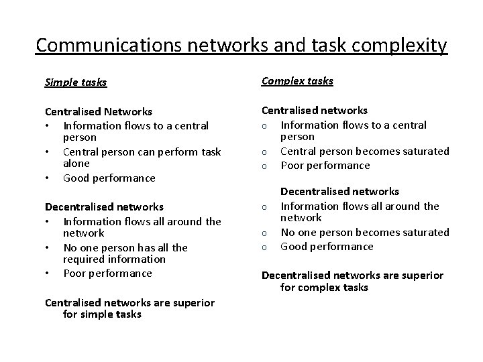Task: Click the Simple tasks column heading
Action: tap(76, 82)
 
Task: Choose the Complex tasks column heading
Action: tap(297, 81)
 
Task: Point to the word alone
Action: tap(76, 164)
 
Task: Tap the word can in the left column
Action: tap(140, 152)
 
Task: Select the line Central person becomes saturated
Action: tap(364, 152)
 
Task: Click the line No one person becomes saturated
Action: tap(364, 233)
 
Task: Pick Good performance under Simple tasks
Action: tap(109, 178)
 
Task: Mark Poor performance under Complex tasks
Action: tap(325, 166)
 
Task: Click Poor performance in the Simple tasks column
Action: tap(107, 274)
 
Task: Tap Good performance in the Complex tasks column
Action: tap(327, 247)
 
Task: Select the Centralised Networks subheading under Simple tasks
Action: tap(98, 112)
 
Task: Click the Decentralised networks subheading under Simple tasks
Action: tap(104, 207)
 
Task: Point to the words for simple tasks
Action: tap(102, 314)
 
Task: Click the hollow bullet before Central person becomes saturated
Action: tap(265, 152)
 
